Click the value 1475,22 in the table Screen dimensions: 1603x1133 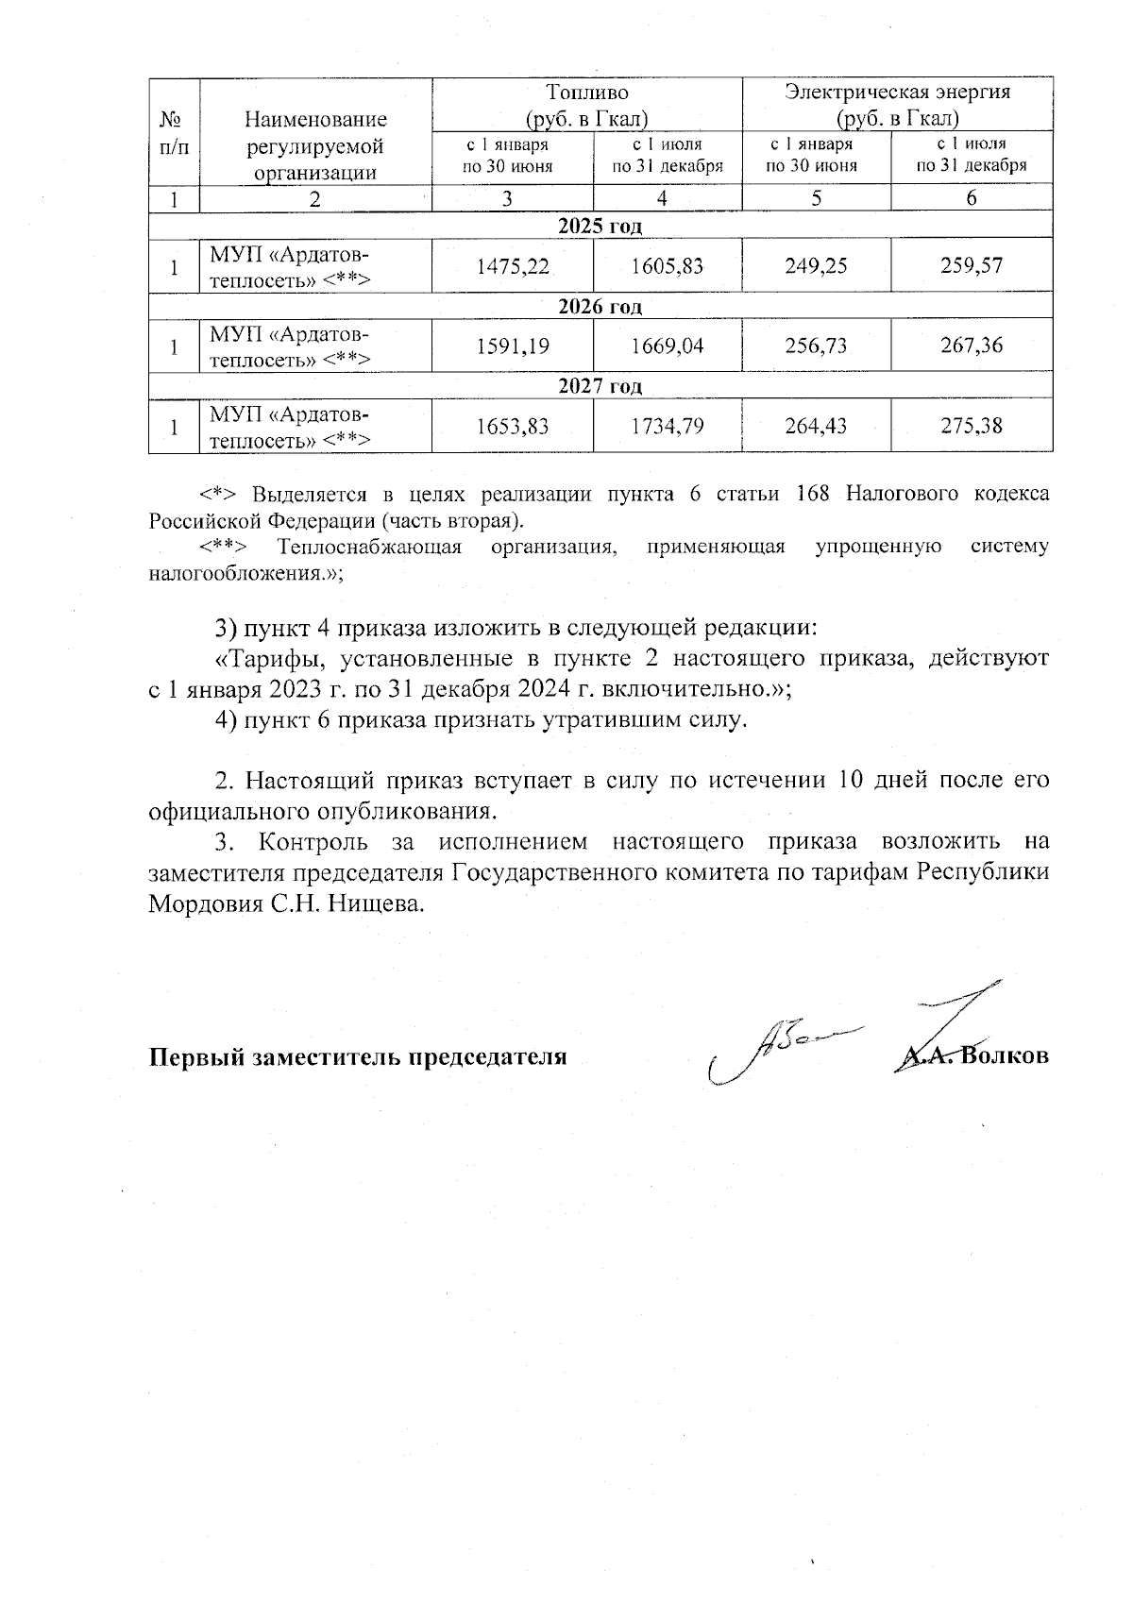tap(513, 266)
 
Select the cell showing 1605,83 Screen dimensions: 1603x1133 tap(668, 266)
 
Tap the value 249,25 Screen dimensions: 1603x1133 tap(816, 266)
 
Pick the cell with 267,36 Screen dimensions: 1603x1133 tap(972, 346)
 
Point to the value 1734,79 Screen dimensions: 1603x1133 tap(668, 427)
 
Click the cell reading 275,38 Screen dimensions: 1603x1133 tap(972, 427)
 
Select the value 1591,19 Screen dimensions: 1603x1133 tap(513, 346)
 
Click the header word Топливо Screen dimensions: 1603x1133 tap(587, 93)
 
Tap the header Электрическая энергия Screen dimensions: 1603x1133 tap(898, 93)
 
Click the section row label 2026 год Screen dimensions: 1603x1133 tap(600, 307)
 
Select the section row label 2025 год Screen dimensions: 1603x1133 tap(600, 227)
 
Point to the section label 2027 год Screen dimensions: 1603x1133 tap(600, 386)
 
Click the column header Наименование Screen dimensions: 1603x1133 tap(315, 120)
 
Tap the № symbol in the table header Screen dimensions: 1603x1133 tap(171, 120)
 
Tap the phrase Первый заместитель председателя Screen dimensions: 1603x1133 tap(358, 1056)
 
